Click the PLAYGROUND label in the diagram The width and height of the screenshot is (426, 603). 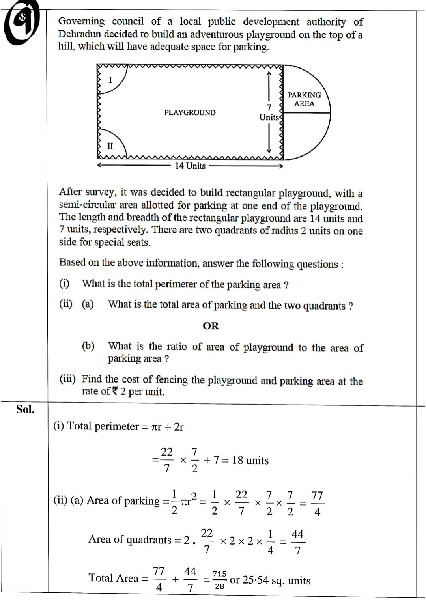pyautogui.click(x=190, y=113)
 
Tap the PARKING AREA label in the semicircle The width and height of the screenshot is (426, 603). pyautogui.click(x=304, y=99)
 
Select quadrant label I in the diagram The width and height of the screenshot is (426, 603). pyautogui.click(x=110, y=80)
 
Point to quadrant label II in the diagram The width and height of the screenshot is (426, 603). pyautogui.click(x=110, y=146)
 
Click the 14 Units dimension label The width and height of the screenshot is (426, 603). pyautogui.click(x=190, y=166)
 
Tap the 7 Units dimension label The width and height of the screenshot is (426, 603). pyautogui.click(x=269, y=112)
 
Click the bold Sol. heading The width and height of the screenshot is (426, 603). pyautogui.click(x=25, y=410)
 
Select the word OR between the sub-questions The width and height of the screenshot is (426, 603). pyautogui.click(x=211, y=326)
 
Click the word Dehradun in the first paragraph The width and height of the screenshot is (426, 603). pyautogui.click(x=81, y=34)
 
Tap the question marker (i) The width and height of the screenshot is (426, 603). pyautogui.click(x=64, y=283)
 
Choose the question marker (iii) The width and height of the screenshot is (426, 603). pyautogui.click(x=67, y=379)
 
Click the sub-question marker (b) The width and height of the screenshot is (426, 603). pyautogui.click(x=88, y=346)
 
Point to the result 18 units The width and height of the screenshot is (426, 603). pyautogui.click(x=250, y=460)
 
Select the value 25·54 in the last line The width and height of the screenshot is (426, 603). pyautogui.click(x=256, y=580)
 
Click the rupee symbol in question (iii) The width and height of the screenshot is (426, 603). pyautogui.click(x=115, y=391)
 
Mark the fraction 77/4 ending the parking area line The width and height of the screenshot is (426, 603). pyautogui.click(x=317, y=503)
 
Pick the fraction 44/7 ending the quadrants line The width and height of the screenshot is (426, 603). pyautogui.click(x=297, y=542)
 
